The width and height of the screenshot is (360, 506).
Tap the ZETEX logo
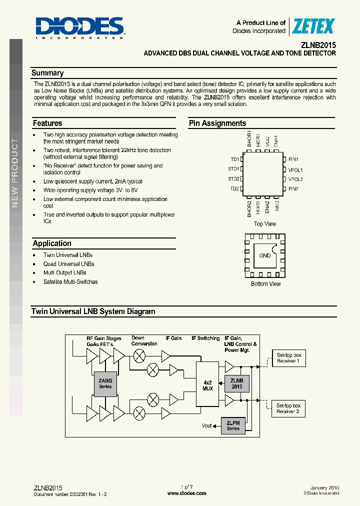click(313, 26)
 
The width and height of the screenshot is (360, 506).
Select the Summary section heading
click(47, 73)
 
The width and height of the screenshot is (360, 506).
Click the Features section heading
click(47, 123)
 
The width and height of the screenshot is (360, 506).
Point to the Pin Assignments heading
click(217, 123)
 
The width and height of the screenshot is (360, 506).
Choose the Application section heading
click(52, 243)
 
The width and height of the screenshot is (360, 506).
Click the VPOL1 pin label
click(295, 169)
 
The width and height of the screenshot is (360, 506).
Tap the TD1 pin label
click(234, 159)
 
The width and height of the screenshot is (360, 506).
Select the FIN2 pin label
click(293, 189)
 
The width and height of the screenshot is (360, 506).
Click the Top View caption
click(264, 224)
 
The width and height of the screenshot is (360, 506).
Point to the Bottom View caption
click(265, 284)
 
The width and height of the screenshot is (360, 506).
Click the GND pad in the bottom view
click(265, 255)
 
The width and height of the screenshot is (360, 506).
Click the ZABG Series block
click(105, 383)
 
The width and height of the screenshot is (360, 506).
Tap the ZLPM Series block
click(233, 426)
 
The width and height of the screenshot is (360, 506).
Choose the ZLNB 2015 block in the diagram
click(236, 383)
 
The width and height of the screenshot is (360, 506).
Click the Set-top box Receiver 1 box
click(288, 358)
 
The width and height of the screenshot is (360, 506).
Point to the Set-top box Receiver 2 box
click(288, 408)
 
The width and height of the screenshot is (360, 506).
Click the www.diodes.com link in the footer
click(186, 493)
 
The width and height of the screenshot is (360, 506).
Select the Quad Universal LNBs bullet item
click(68, 264)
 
